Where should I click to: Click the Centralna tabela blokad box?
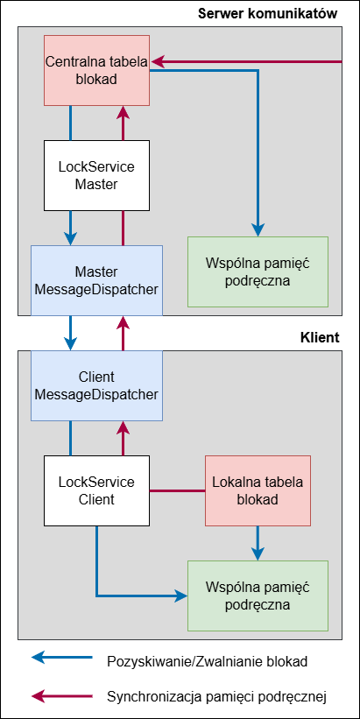[96, 70]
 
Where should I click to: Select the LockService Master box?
[96, 176]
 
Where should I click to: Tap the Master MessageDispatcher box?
[96, 280]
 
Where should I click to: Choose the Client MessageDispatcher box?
[96, 385]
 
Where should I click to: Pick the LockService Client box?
[96, 490]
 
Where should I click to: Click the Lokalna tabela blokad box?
[258, 490]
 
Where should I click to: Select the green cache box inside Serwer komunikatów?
[258, 271]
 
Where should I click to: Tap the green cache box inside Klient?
[258, 596]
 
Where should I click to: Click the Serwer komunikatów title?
[268, 14]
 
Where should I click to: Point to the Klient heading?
[320, 338]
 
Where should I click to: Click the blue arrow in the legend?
[62, 658]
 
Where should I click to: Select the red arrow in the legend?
[62, 696]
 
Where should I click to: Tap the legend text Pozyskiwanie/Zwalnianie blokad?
[208, 662]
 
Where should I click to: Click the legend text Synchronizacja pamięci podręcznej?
[216, 697]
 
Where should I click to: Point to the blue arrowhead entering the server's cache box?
[258, 230]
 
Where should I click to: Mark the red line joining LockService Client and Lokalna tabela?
[178, 491]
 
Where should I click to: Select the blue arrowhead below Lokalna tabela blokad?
[258, 554]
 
